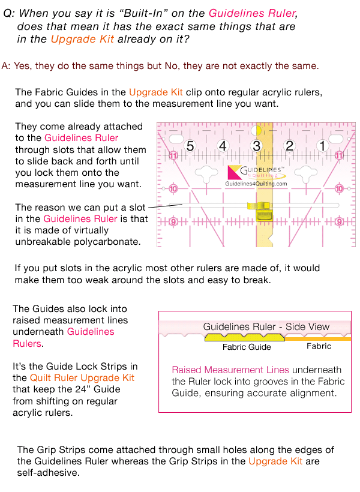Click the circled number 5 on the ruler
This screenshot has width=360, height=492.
pos(190,146)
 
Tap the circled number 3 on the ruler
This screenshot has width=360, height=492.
pos(256,146)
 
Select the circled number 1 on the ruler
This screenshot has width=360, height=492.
pos(322,146)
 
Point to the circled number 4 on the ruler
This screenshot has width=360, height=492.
pos(223,146)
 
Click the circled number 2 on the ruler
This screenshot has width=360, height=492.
pos(289,146)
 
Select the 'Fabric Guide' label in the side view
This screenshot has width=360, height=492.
pos(247,347)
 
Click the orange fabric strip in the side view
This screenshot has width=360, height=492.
pos(318,339)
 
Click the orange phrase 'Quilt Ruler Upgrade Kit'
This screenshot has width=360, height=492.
pos(82,377)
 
